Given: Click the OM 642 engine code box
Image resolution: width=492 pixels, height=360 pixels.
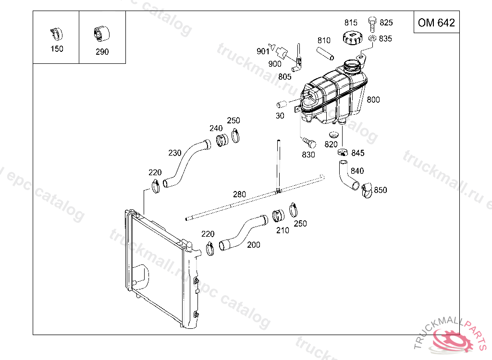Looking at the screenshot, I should (x=436, y=23).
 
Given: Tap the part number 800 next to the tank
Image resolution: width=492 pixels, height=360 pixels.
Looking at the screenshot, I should (x=373, y=100).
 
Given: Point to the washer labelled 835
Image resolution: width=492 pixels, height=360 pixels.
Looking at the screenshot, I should (x=373, y=38).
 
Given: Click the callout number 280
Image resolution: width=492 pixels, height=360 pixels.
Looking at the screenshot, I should (x=239, y=194).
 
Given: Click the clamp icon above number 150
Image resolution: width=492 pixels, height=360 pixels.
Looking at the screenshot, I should (x=56, y=34).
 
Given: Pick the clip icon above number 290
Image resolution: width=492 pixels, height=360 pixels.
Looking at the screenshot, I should (x=101, y=34).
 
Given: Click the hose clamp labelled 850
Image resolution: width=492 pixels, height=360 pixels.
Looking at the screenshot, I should (x=367, y=191).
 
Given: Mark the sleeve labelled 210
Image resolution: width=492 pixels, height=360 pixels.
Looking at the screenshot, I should (x=278, y=216).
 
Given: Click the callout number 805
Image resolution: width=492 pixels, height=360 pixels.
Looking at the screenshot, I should (x=284, y=76).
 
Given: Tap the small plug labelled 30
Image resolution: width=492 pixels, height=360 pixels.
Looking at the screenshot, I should (x=282, y=104).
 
